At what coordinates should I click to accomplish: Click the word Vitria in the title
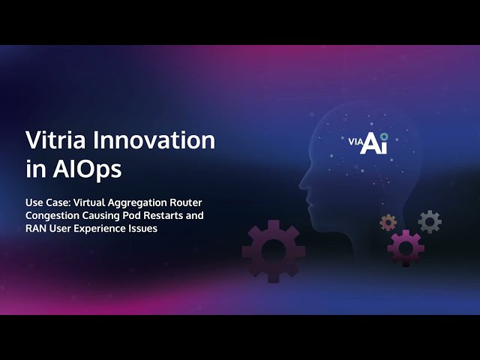tap(55, 140)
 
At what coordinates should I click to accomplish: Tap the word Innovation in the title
tap(154, 140)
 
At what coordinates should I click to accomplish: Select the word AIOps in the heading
tap(87, 169)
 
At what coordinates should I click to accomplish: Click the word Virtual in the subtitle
tap(89, 202)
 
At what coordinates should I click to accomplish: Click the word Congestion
tap(52, 216)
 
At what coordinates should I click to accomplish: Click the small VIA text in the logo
tap(355, 142)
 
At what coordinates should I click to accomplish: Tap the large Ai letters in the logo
tap(373, 143)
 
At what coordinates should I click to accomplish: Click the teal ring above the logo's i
tap(384, 136)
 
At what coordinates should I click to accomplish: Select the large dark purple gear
tap(273, 251)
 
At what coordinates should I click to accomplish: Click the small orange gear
tap(388, 223)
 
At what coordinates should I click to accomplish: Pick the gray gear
tap(430, 222)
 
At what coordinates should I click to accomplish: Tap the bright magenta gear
tap(406, 248)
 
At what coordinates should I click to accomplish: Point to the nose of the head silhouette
tap(301, 184)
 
